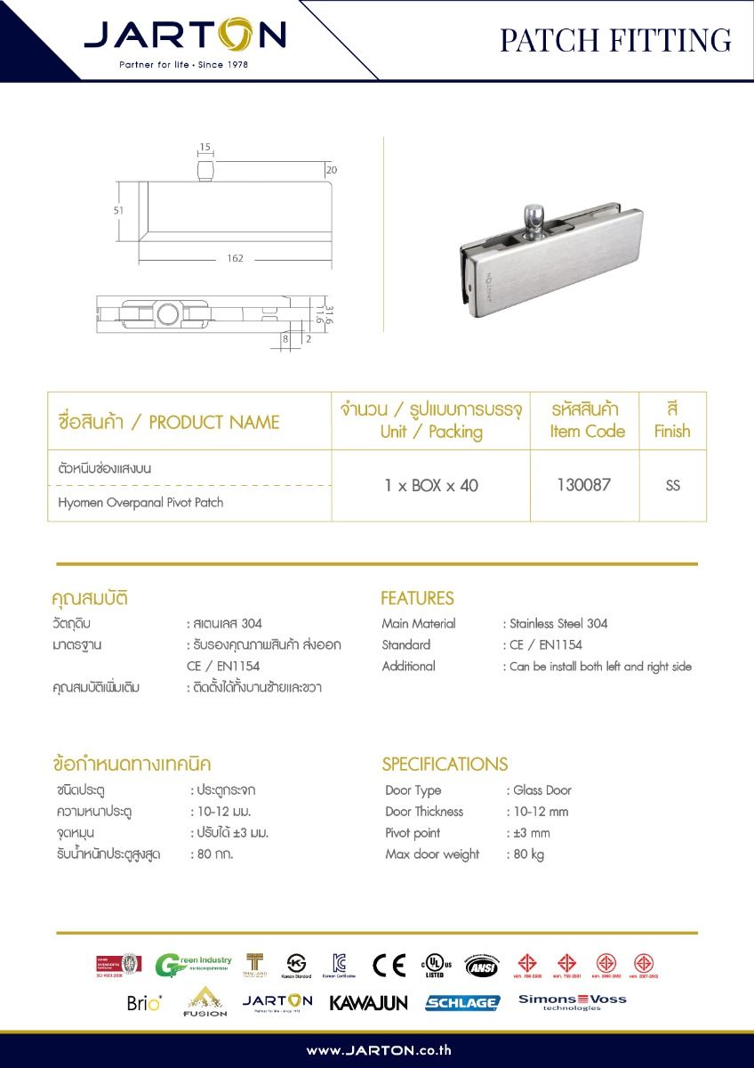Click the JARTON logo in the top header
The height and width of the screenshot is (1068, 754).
point(185,36)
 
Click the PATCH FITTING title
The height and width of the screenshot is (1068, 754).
point(615,40)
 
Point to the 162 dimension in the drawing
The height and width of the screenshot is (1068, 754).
point(235,258)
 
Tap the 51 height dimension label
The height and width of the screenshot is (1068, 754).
point(118,210)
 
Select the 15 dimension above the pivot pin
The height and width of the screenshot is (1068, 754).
point(205,146)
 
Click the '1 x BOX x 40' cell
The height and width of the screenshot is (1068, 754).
point(431,486)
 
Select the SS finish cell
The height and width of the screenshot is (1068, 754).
point(672,486)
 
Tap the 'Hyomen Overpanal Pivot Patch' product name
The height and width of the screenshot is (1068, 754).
point(140,503)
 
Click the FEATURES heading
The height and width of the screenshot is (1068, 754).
point(417,598)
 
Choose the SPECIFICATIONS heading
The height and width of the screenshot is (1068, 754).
point(445,764)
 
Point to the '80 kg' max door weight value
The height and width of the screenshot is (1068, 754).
point(528,854)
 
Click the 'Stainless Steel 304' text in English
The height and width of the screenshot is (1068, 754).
point(558,624)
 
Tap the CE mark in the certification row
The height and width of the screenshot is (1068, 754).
point(389,965)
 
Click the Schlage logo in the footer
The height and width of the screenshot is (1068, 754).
point(462,1002)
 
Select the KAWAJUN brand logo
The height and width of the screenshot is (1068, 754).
point(368,1002)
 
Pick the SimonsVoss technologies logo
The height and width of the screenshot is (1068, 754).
point(573,1002)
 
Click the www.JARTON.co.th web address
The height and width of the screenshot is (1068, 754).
point(379,1050)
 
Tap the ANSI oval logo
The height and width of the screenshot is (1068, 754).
point(482,965)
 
